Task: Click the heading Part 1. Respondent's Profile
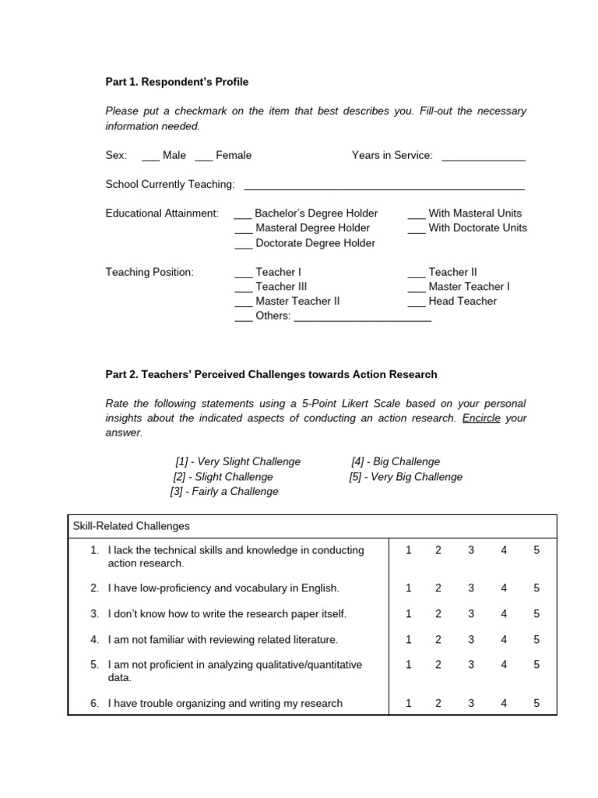tap(177, 82)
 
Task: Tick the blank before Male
tap(150, 156)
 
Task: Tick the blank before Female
tap(203, 156)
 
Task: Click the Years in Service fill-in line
tap(483, 157)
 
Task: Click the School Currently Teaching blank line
tap(384, 185)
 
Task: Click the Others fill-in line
tap(362, 317)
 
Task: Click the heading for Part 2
tap(271, 375)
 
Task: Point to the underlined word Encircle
tap(482, 418)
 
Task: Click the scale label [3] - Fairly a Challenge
tap(224, 492)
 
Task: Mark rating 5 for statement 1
tap(536, 550)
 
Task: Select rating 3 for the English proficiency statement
tap(470, 588)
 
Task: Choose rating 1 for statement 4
tap(408, 640)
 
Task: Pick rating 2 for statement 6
tap(438, 703)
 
